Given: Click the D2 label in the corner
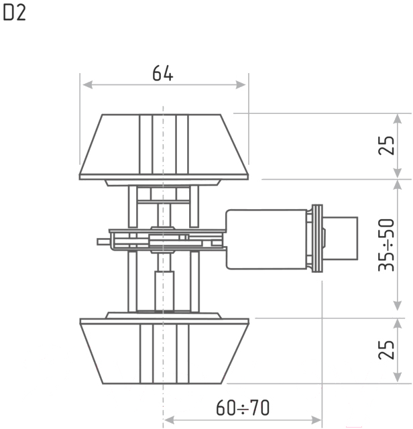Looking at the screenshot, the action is point(14,13).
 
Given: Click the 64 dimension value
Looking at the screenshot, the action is point(162,73).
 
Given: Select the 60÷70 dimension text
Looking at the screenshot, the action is point(243,408).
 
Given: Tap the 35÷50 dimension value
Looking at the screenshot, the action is point(386,245).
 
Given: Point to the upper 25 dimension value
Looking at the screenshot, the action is point(386,145).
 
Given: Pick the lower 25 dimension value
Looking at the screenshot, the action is point(386,349).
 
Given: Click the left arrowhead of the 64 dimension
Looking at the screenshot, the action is point(87,85).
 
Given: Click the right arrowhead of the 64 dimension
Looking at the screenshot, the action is point(241,85).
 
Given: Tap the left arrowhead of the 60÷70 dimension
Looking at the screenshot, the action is point(169,420).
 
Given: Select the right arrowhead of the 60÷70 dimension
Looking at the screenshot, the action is point(316,420).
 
